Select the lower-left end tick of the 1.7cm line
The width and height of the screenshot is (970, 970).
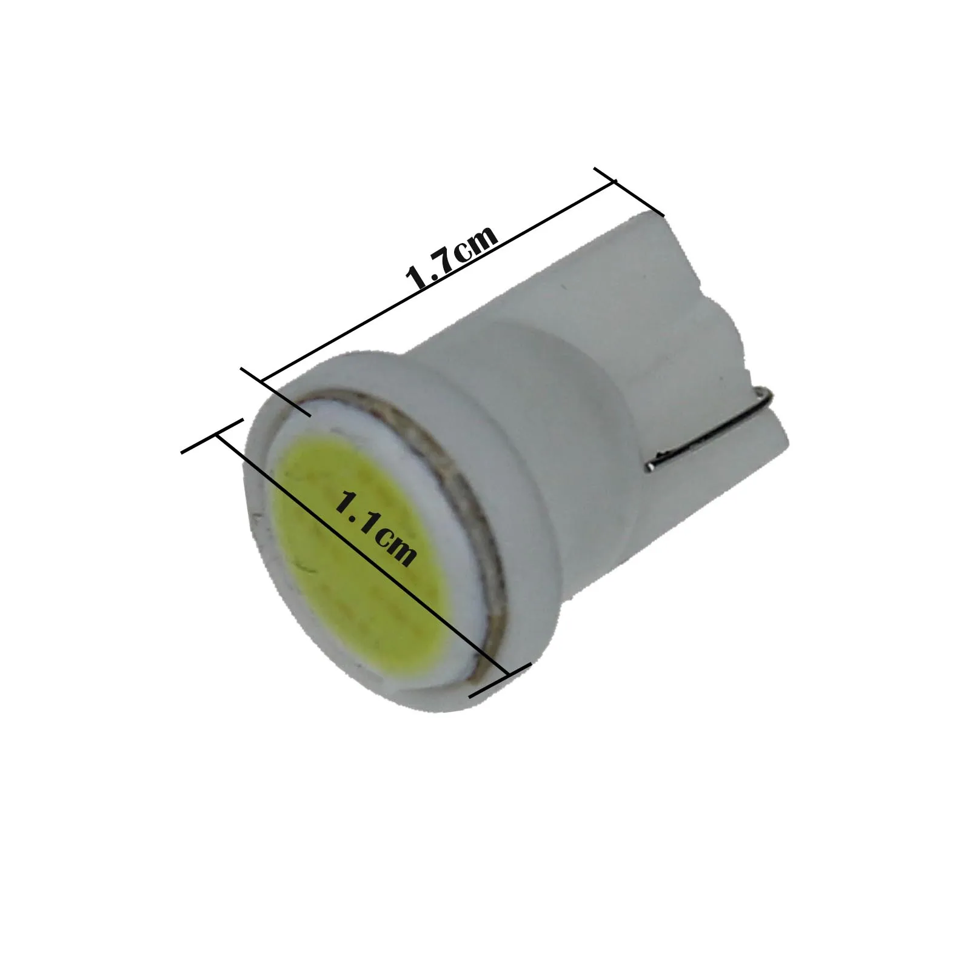(x=276, y=391)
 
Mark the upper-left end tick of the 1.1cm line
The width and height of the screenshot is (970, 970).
(x=212, y=435)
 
